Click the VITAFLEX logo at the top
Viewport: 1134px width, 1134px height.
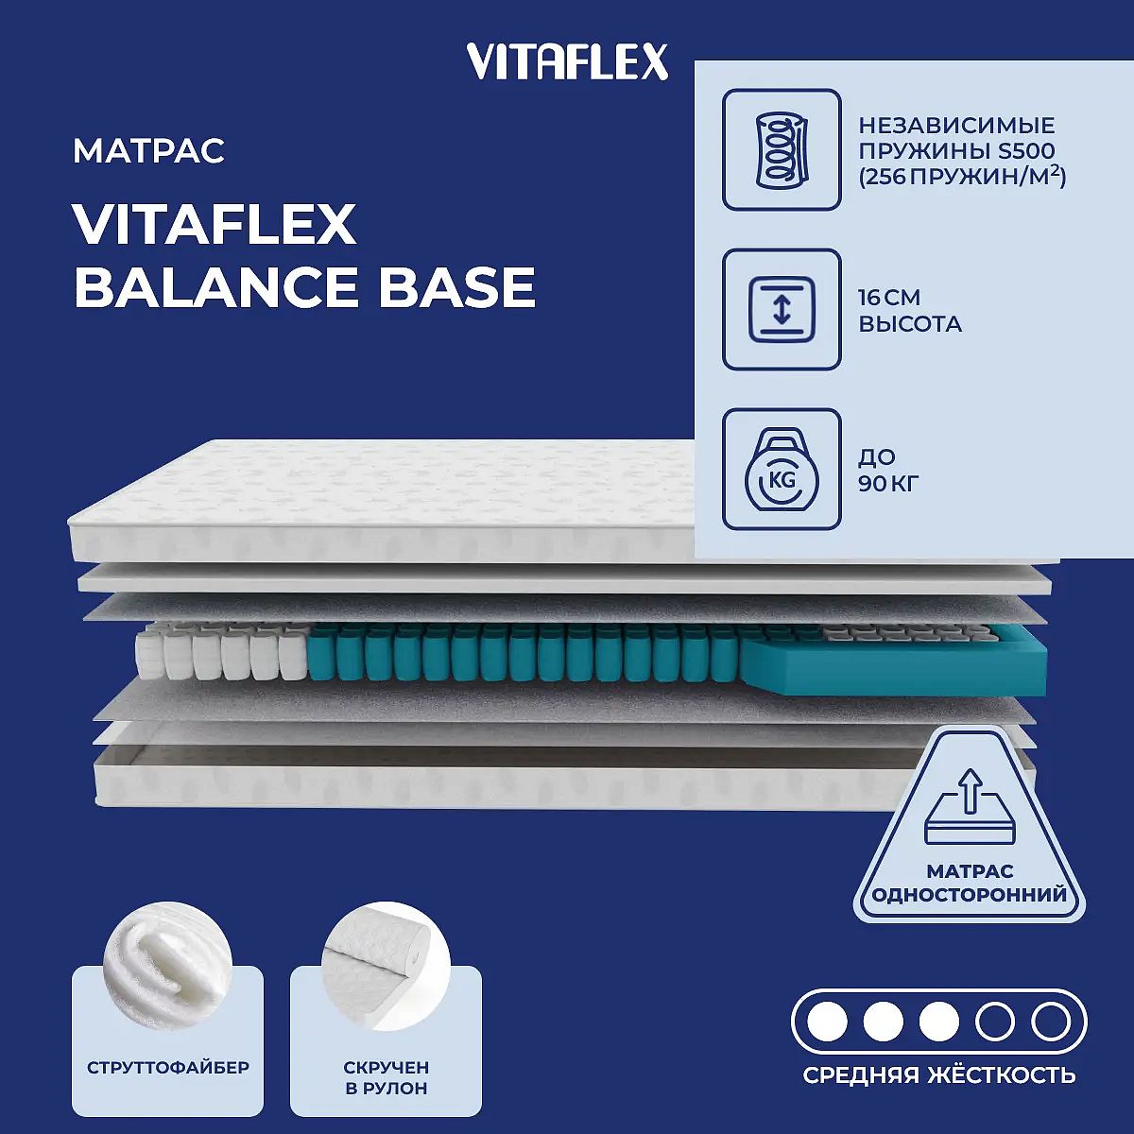coord(567,61)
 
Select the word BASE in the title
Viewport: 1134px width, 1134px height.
coord(457,287)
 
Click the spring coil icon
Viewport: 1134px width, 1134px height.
coord(782,149)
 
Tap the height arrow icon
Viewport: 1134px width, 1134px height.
coord(782,309)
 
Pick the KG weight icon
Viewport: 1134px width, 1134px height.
coord(782,469)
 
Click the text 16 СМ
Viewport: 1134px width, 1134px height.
coord(888,297)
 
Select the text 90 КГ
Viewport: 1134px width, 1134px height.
coord(888,483)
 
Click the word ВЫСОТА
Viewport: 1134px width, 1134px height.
coord(910,324)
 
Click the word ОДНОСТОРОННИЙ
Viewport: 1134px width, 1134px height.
coord(970,895)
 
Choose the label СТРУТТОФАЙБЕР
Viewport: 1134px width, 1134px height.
coord(167,1068)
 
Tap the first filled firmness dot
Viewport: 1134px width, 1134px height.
coord(827,1022)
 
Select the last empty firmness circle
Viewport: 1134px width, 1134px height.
coord(1051,1022)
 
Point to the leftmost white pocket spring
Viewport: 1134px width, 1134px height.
coord(149,659)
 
